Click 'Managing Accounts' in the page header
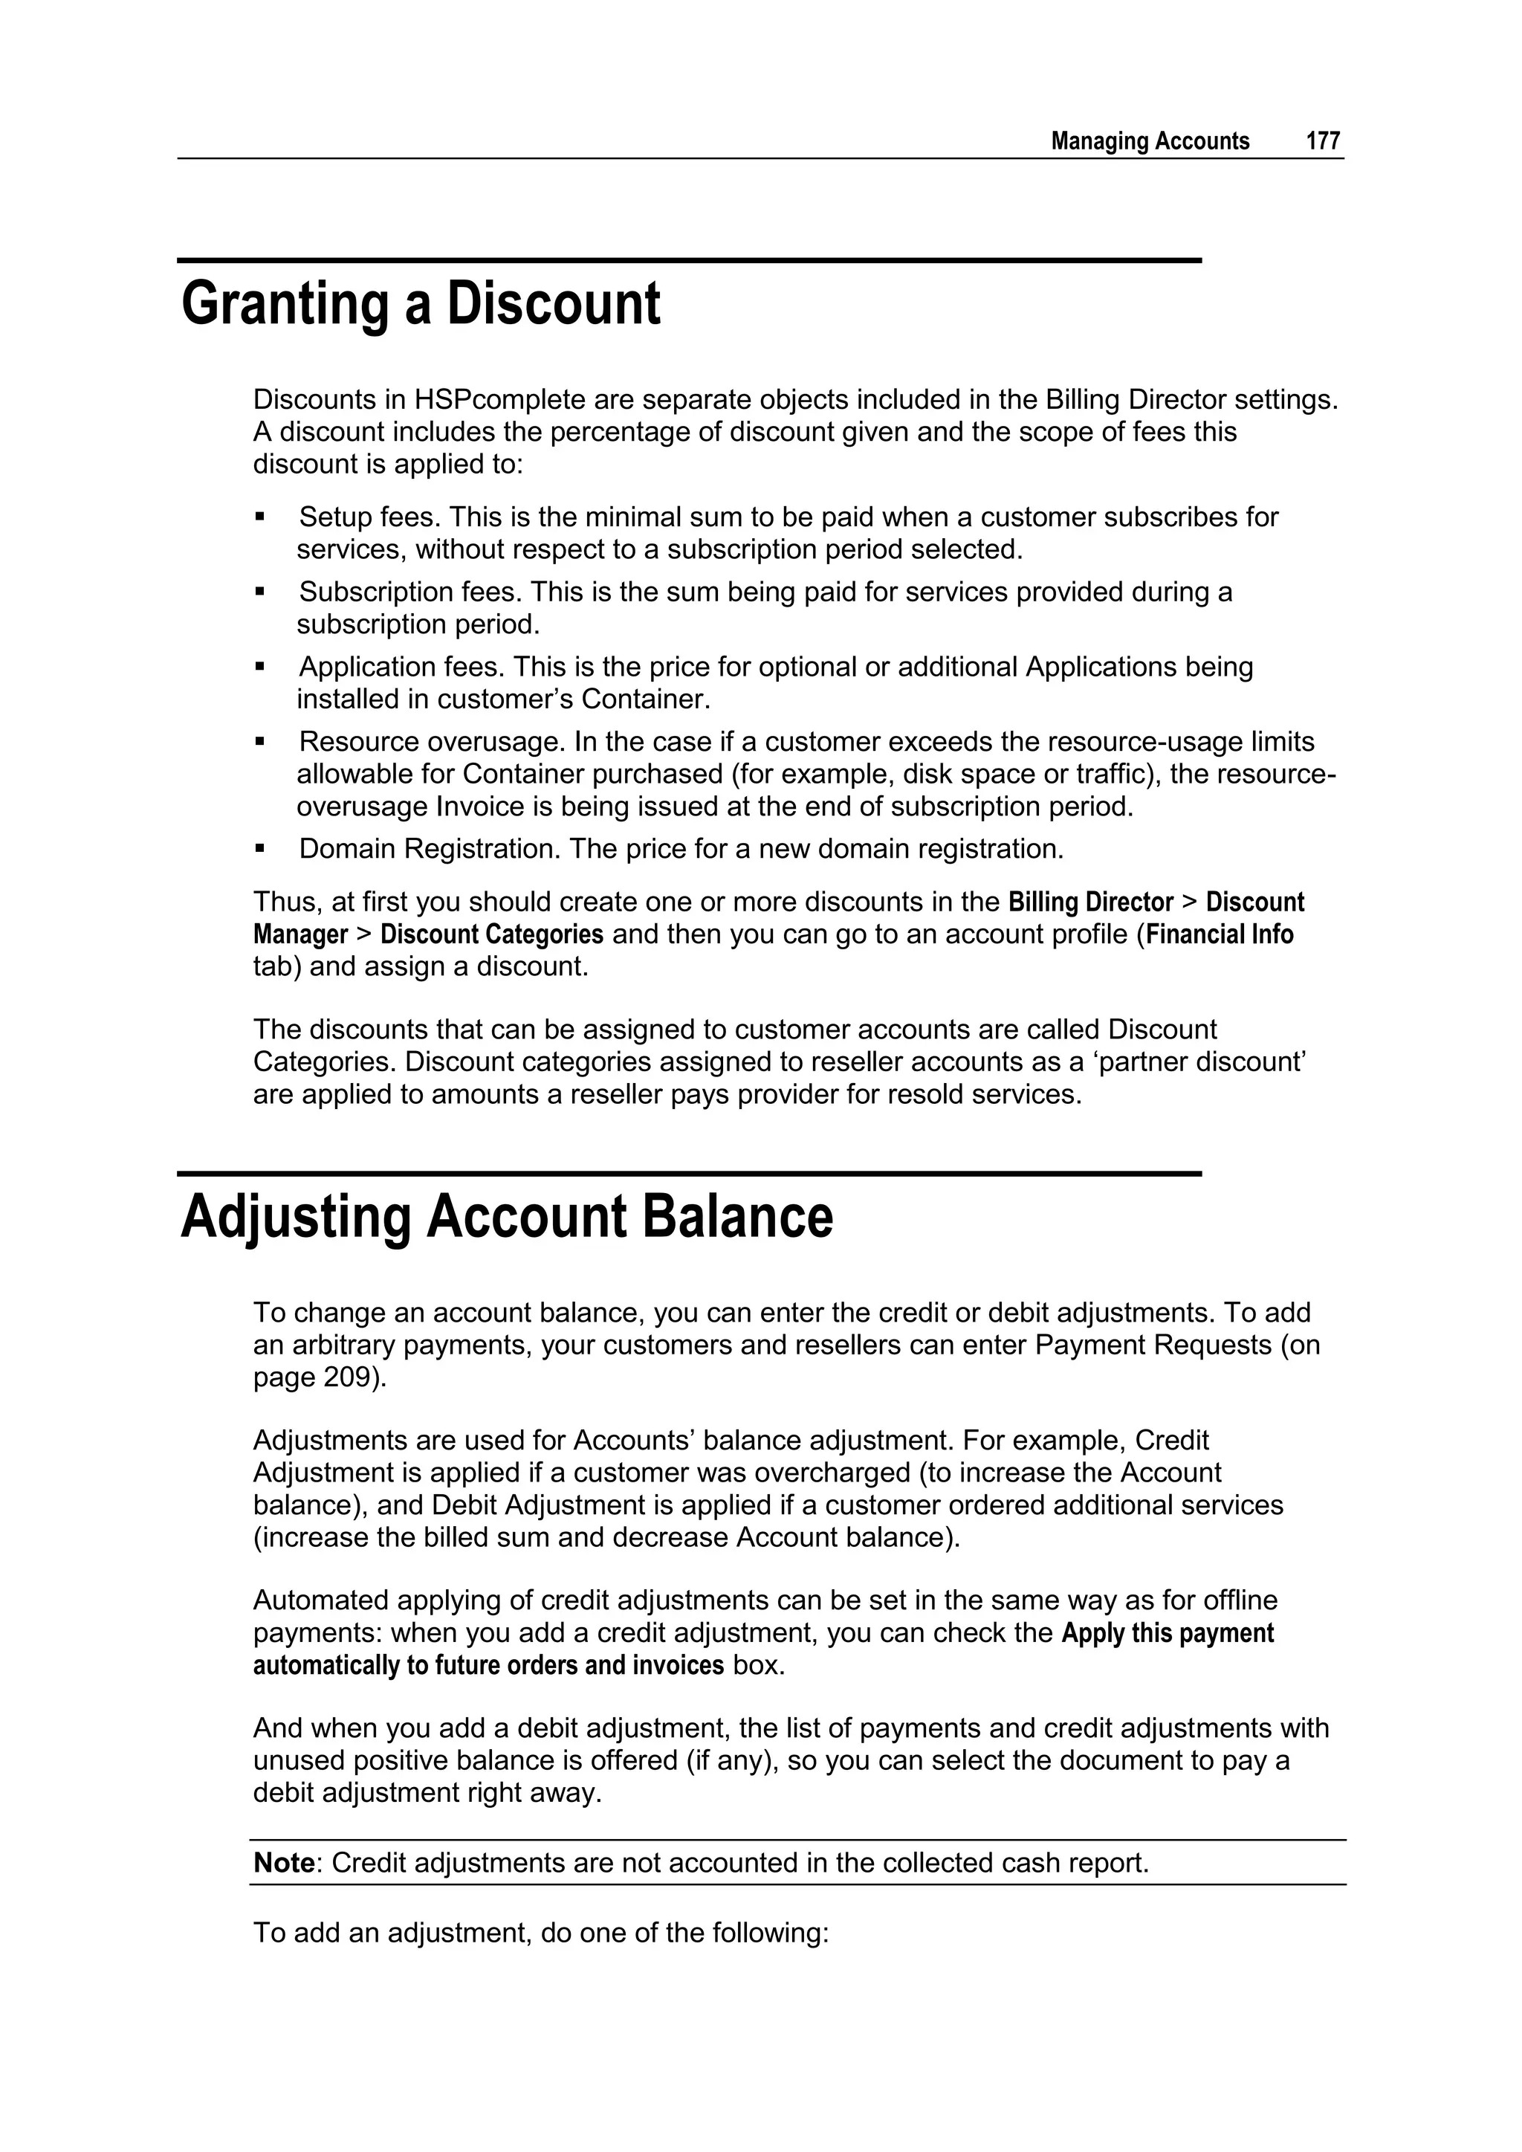click(1150, 141)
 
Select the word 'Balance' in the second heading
click(736, 1217)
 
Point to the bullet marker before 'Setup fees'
click(261, 517)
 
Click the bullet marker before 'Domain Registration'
click(261, 848)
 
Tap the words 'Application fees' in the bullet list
click(401, 668)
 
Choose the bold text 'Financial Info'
click(1220, 934)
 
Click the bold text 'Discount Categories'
click(491, 934)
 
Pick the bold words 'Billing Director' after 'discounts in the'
click(1090, 902)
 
